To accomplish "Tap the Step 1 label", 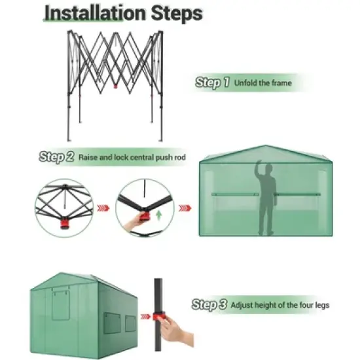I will click(213, 83).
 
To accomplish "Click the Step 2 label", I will click(56, 157).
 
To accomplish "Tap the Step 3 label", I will click(210, 304).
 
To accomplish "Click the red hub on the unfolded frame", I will click(116, 85).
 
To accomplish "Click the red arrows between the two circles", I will click(102, 208).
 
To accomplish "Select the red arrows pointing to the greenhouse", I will click(185, 208).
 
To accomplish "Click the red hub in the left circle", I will click(65, 223).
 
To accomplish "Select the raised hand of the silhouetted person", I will click(261, 165).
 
